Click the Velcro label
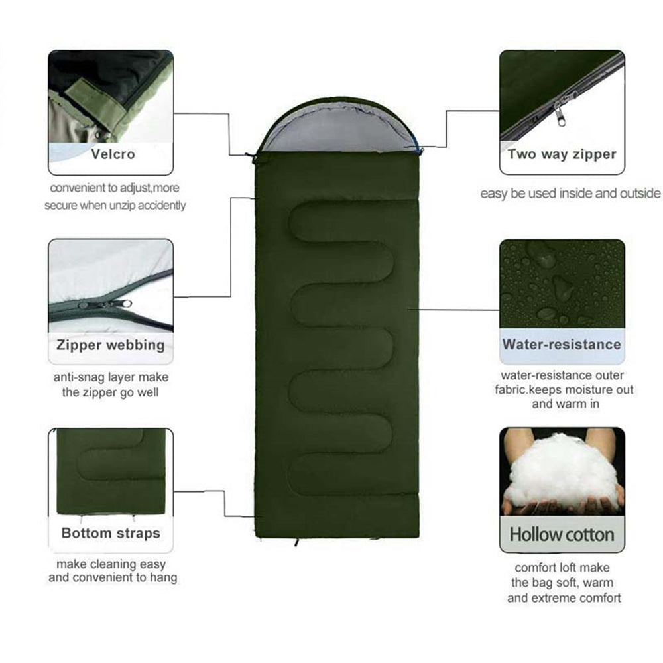(x=113, y=154)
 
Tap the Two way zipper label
(x=562, y=154)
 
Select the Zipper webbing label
(x=110, y=345)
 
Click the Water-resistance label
(x=562, y=344)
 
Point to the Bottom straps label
(x=111, y=533)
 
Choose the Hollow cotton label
(x=562, y=534)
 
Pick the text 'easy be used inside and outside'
(x=570, y=194)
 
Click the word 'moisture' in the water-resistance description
(x=583, y=390)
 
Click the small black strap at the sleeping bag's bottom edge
(x=296, y=542)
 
